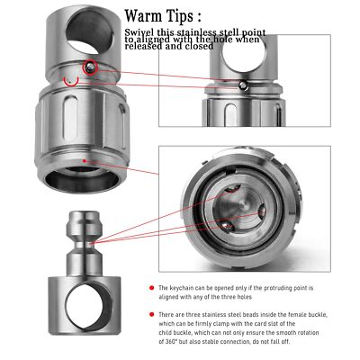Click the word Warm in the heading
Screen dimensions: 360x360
pyautogui.click(x=144, y=16)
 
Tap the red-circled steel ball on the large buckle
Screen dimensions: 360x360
pyautogui.click(x=90, y=68)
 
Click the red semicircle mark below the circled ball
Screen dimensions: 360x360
pyautogui.click(x=71, y=82)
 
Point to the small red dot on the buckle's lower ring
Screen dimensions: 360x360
pyautogui.click(x=85, y=161)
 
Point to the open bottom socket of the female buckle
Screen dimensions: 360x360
pyautogui.click(x=82, y=179)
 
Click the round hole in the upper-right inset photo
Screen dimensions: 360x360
pyautogui.click(x=243, y=54)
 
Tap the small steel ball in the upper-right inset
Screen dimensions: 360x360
pyautogui.click(x=243, y=86)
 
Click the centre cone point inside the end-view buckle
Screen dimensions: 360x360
pyautogui.click(x=245, y=206)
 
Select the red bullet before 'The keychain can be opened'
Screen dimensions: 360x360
pyautogui.click(x=152, y=288)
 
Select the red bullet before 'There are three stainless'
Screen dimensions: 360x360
pyautogui.click(x=152, y=314)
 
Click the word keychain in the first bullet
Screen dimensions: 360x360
pyautogui.click(x=181, y=288)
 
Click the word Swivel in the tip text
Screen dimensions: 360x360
pyautogui.click(x=139, y=32)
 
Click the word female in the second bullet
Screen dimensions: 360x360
pyautogui.click(x=297, y=315)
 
